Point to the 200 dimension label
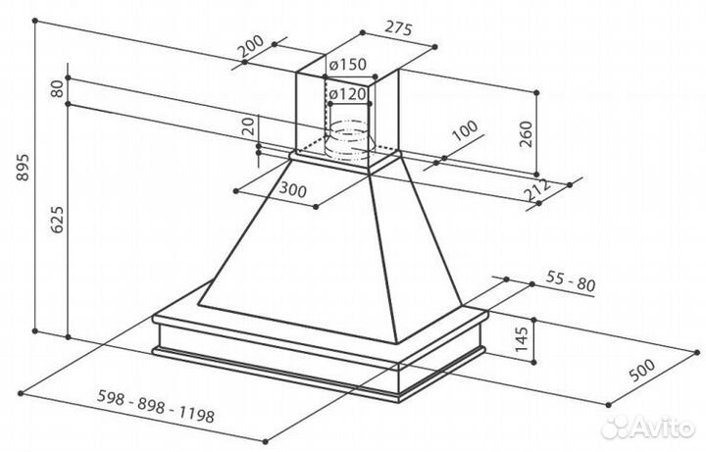251,49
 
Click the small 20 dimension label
249,126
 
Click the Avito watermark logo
647,427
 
